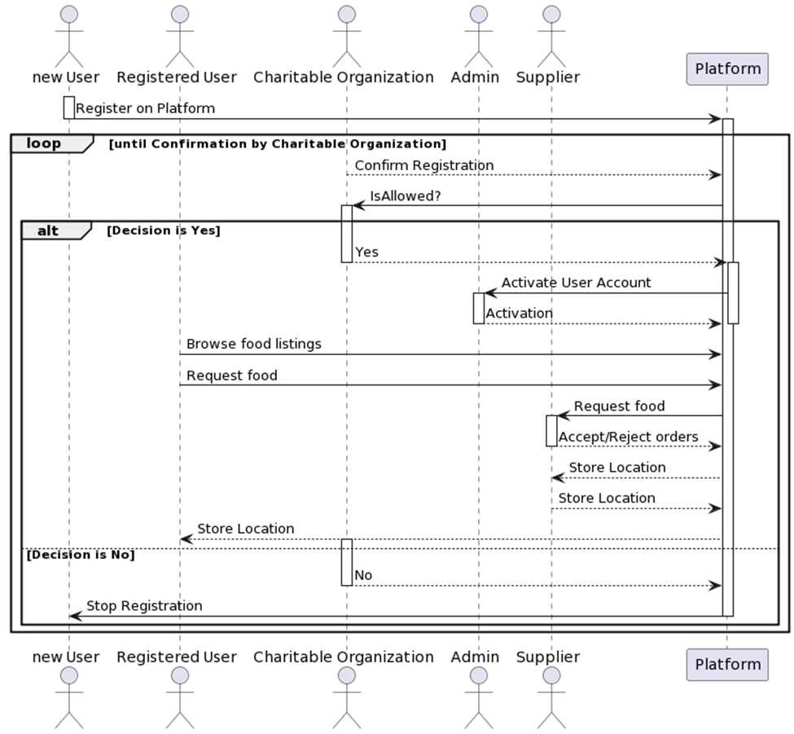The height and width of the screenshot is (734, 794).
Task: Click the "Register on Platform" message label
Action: pyautogui.click(x=145, y=108)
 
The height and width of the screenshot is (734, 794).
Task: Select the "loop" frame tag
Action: pyautogui.click(x=44, y=143)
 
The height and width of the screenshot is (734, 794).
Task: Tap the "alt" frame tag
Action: pyautogui.click(x=48, y=231)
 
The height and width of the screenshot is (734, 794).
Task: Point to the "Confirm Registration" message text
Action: pyautogui.click(x=423, y=165)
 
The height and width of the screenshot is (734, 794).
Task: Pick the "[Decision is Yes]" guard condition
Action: pyautogui.click(x=163, y=231)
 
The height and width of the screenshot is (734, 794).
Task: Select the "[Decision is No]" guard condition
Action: pyautogui.click(x=81, y=555)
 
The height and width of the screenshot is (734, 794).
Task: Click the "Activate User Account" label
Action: pyautogui.click(x=576, y=283)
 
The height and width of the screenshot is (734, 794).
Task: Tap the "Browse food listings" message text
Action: pyautogui.click(x=253, y=344)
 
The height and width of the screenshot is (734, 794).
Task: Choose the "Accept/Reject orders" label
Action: pyautogui.click(x=628, y=437)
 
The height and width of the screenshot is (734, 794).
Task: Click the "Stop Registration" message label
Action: pyautogui.click(x=144, y=606)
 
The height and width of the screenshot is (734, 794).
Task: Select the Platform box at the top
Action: pyautogui.click(x=727, y=68)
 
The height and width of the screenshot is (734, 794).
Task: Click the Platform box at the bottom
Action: pyautogui.click(x=727, y=664)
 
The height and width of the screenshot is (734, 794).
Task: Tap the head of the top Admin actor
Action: pyautogui.click(x=478, y=14)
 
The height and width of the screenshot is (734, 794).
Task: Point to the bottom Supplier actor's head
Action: pyautogui.click(x=551, y=675)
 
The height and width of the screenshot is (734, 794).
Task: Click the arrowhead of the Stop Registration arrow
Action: pyautogui.click(x=74, y=616)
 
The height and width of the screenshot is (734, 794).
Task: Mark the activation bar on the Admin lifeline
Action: pyautogui.click(x=478, y=308)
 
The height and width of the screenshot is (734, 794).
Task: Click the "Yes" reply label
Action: pyautogui.click(x=366, y=253)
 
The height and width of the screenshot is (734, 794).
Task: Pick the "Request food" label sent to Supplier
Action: pyautogui.click(x=619, y=407)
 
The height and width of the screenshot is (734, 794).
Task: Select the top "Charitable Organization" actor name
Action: pyautogui.click(x=343, y=77)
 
